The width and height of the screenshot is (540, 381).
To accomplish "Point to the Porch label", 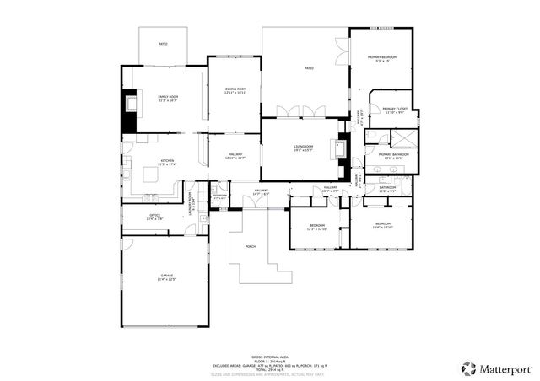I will [251, 247].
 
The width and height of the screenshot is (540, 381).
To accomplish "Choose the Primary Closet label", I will [395, 110].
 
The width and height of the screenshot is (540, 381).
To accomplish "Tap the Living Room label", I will [304, 149].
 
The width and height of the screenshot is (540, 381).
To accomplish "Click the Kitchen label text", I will [166, 163].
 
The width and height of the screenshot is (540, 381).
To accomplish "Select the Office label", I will [154, 217].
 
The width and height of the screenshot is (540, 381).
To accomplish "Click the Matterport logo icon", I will [468, 368].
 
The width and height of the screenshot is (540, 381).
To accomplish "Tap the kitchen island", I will [202, 153].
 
